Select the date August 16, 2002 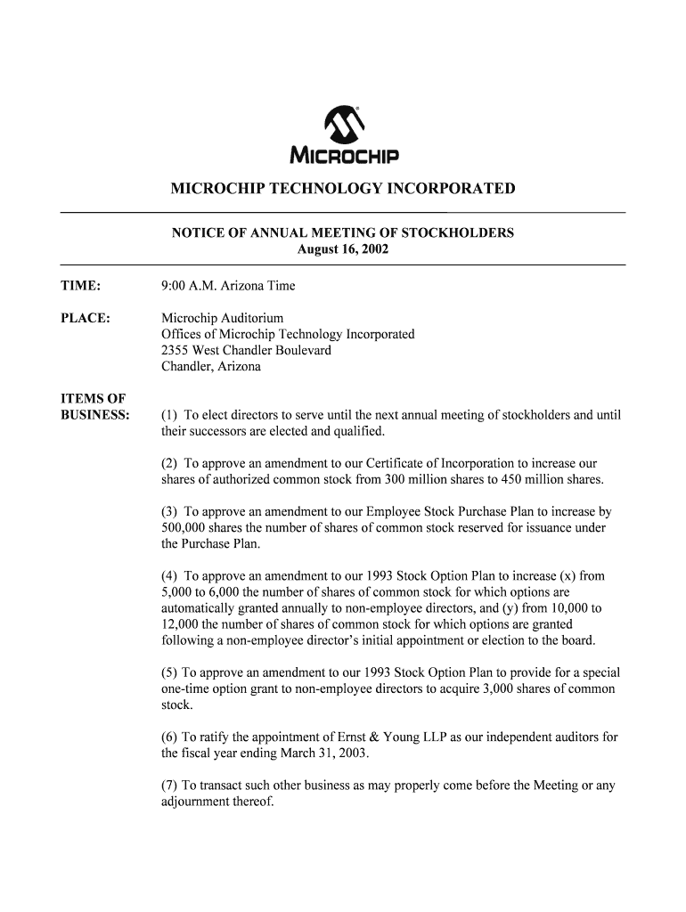coord(342,249)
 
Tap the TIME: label coord(80,286)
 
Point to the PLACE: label coord(85,318)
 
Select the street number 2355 coord(176,350)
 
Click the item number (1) coord(169,415)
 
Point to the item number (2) coord(169,464)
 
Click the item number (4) coord(169,576)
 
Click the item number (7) coord(169,786)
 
